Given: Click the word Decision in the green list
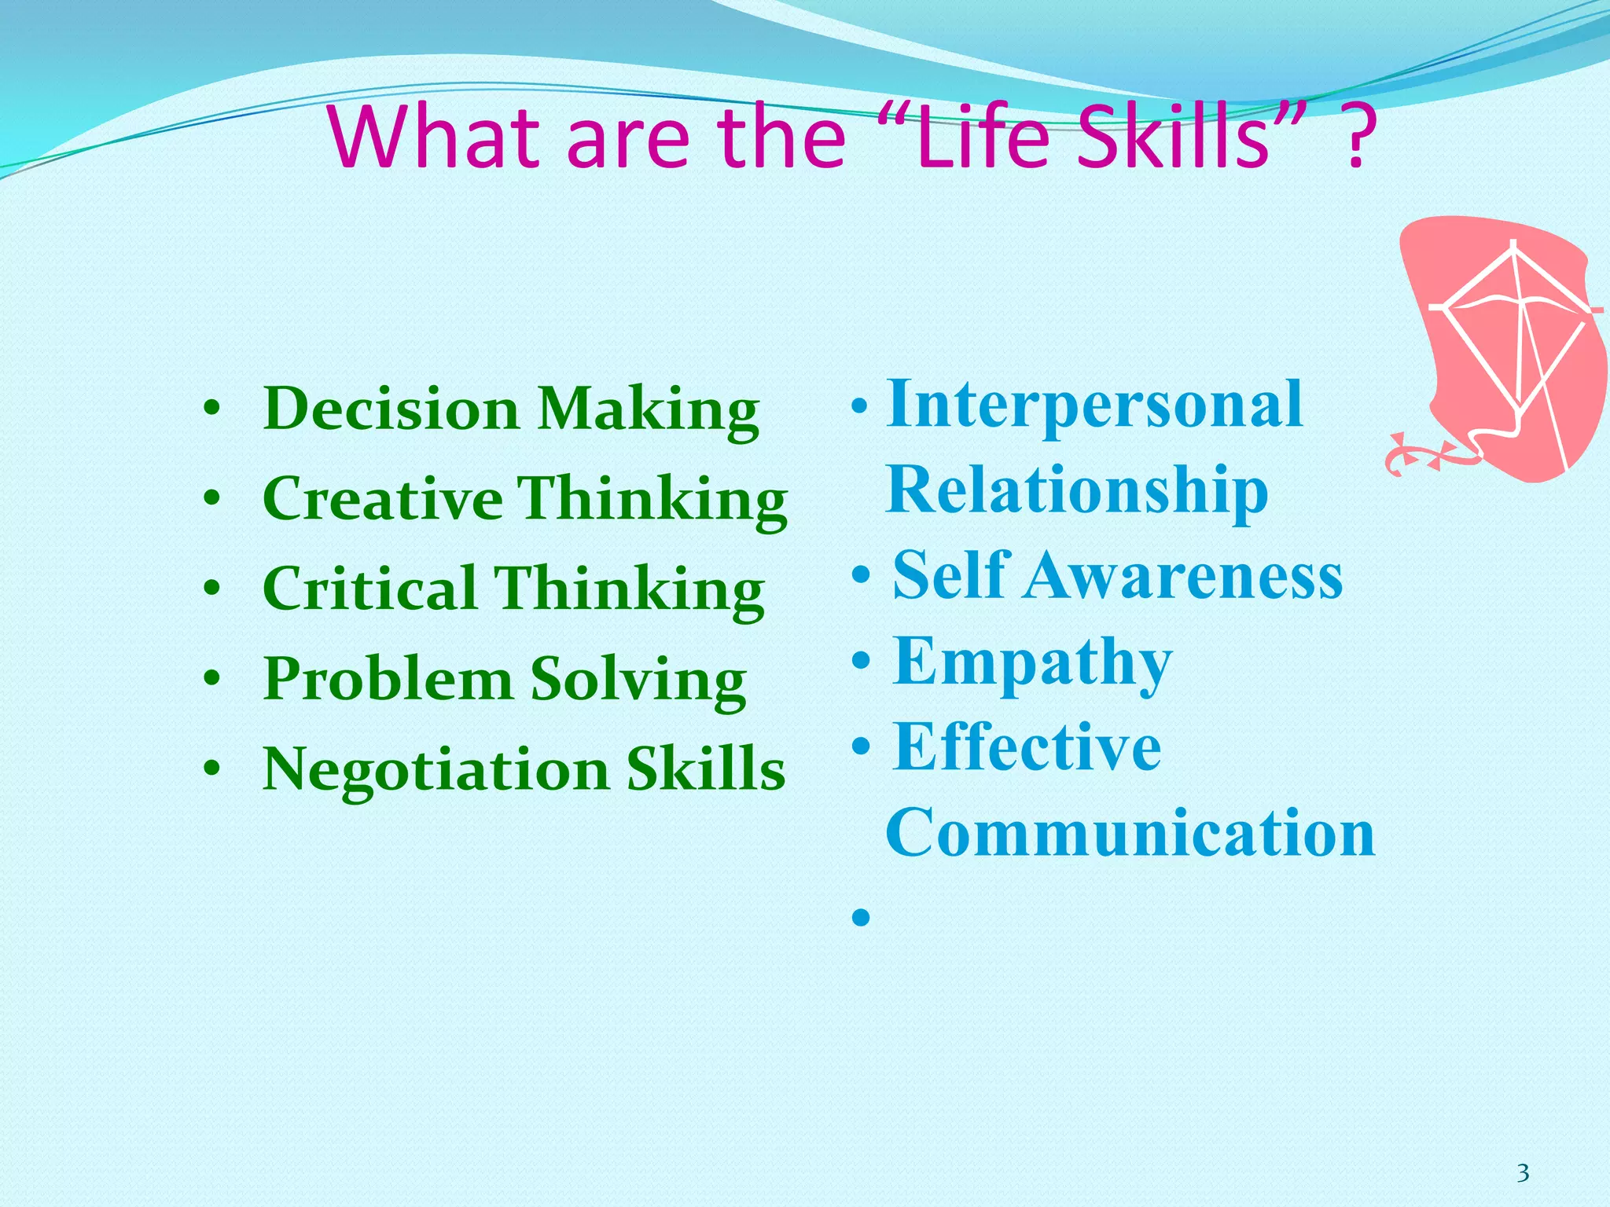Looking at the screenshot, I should (391, 409).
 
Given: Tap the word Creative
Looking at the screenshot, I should (383, 499).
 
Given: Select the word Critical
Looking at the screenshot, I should (369, 589).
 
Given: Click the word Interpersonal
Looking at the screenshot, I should (1094, 404).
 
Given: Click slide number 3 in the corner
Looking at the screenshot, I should (1523, 1173).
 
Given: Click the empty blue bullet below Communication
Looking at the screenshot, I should (861, 917).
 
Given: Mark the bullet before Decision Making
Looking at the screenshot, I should (210, 409).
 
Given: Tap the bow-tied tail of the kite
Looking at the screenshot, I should (1423, 455).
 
